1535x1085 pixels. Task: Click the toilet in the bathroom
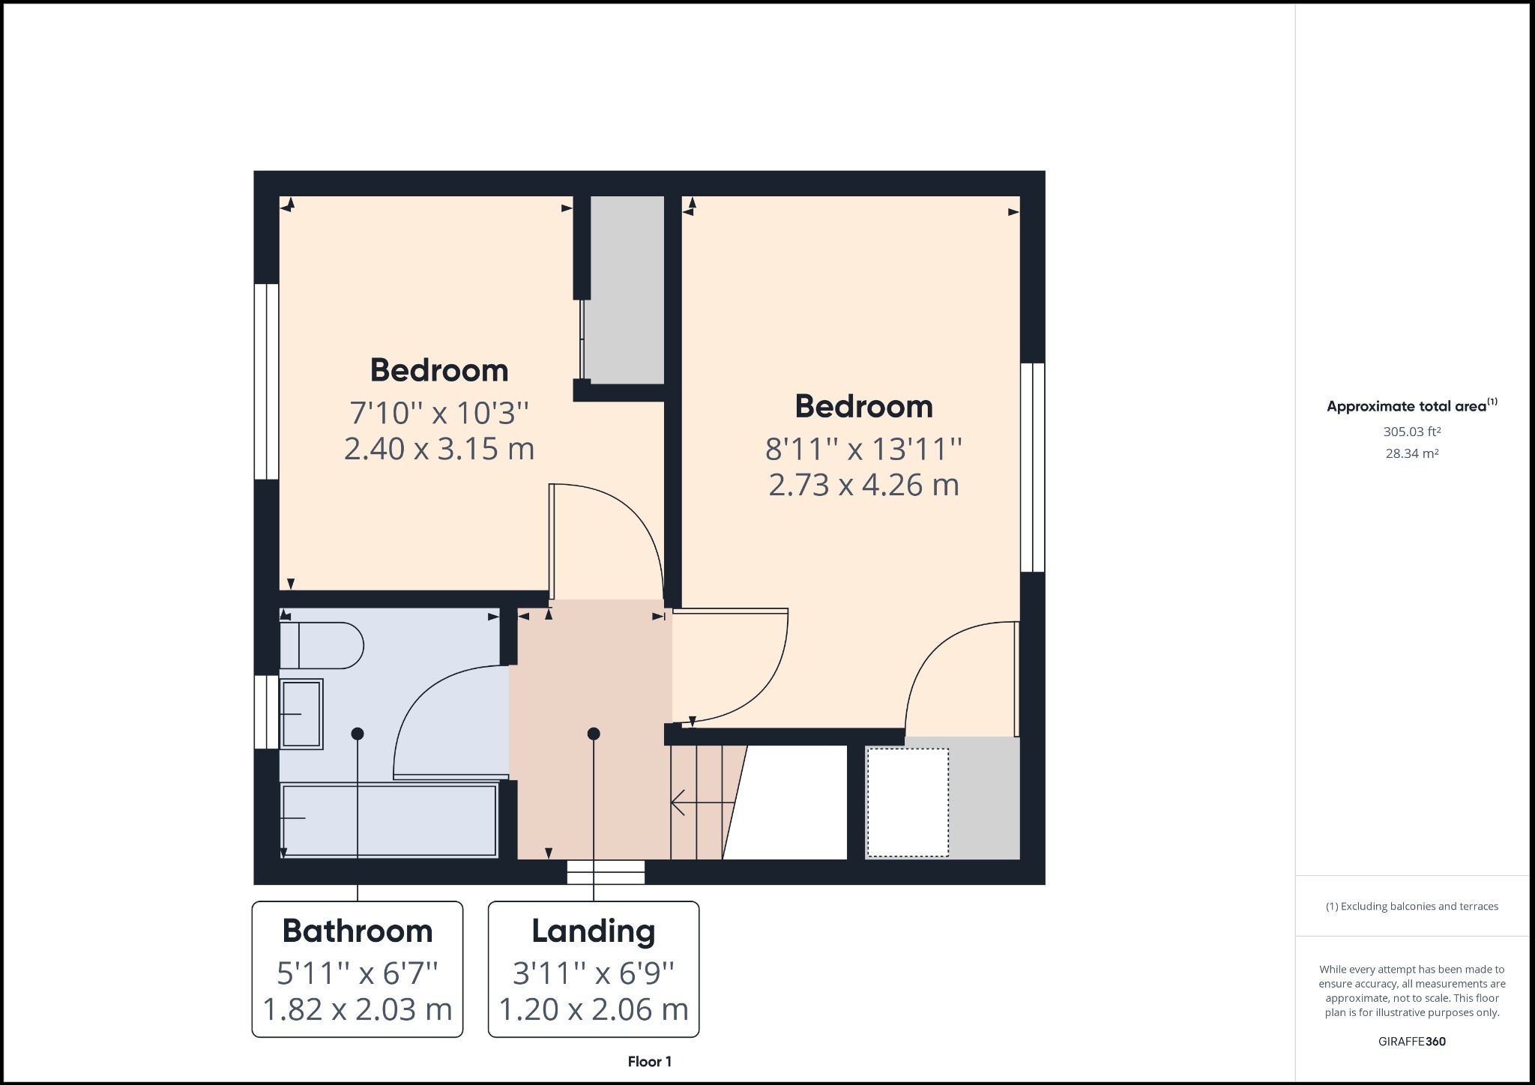[x=322, y=645]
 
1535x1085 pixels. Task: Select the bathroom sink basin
[x=301, y=714]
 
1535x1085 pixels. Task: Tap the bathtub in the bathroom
[x=389, y=819]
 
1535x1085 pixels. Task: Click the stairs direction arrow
[x=702, y=803]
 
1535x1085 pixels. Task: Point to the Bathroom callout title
[x=358, y=931]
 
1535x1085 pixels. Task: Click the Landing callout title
[x=594, y=931]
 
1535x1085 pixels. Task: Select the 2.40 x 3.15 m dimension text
[x=439, y=448]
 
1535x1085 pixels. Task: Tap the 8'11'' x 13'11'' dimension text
[x=863, y=449]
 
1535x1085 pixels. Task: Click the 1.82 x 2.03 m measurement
[x=358, y=1009]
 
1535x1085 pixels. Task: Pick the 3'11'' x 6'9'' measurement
[x=594, y=973]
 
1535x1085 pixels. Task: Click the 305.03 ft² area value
[x=1412, y=432]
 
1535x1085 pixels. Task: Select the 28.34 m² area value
[x=1412, y=453]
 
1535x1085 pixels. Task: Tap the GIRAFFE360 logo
[x=1412, y=1042]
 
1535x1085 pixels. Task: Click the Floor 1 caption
[x=650, y=1062]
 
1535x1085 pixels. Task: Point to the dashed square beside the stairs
[x=908, y=802]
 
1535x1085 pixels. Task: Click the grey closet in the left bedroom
[x=624, y=290]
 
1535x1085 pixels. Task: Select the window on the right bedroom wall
[x=1033, y=468]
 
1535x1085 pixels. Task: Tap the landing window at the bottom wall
[x=606, y=872]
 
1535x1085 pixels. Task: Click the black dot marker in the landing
[x=594, y=734]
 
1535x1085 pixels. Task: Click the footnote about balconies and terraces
[x=1412, y=907]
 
